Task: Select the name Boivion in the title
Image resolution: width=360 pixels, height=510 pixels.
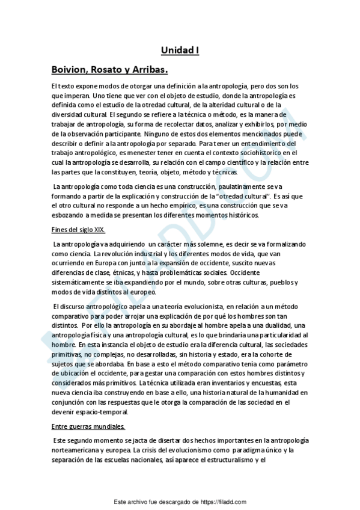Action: coord(69,70)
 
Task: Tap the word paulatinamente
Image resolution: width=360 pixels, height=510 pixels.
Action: coord(227,188)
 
